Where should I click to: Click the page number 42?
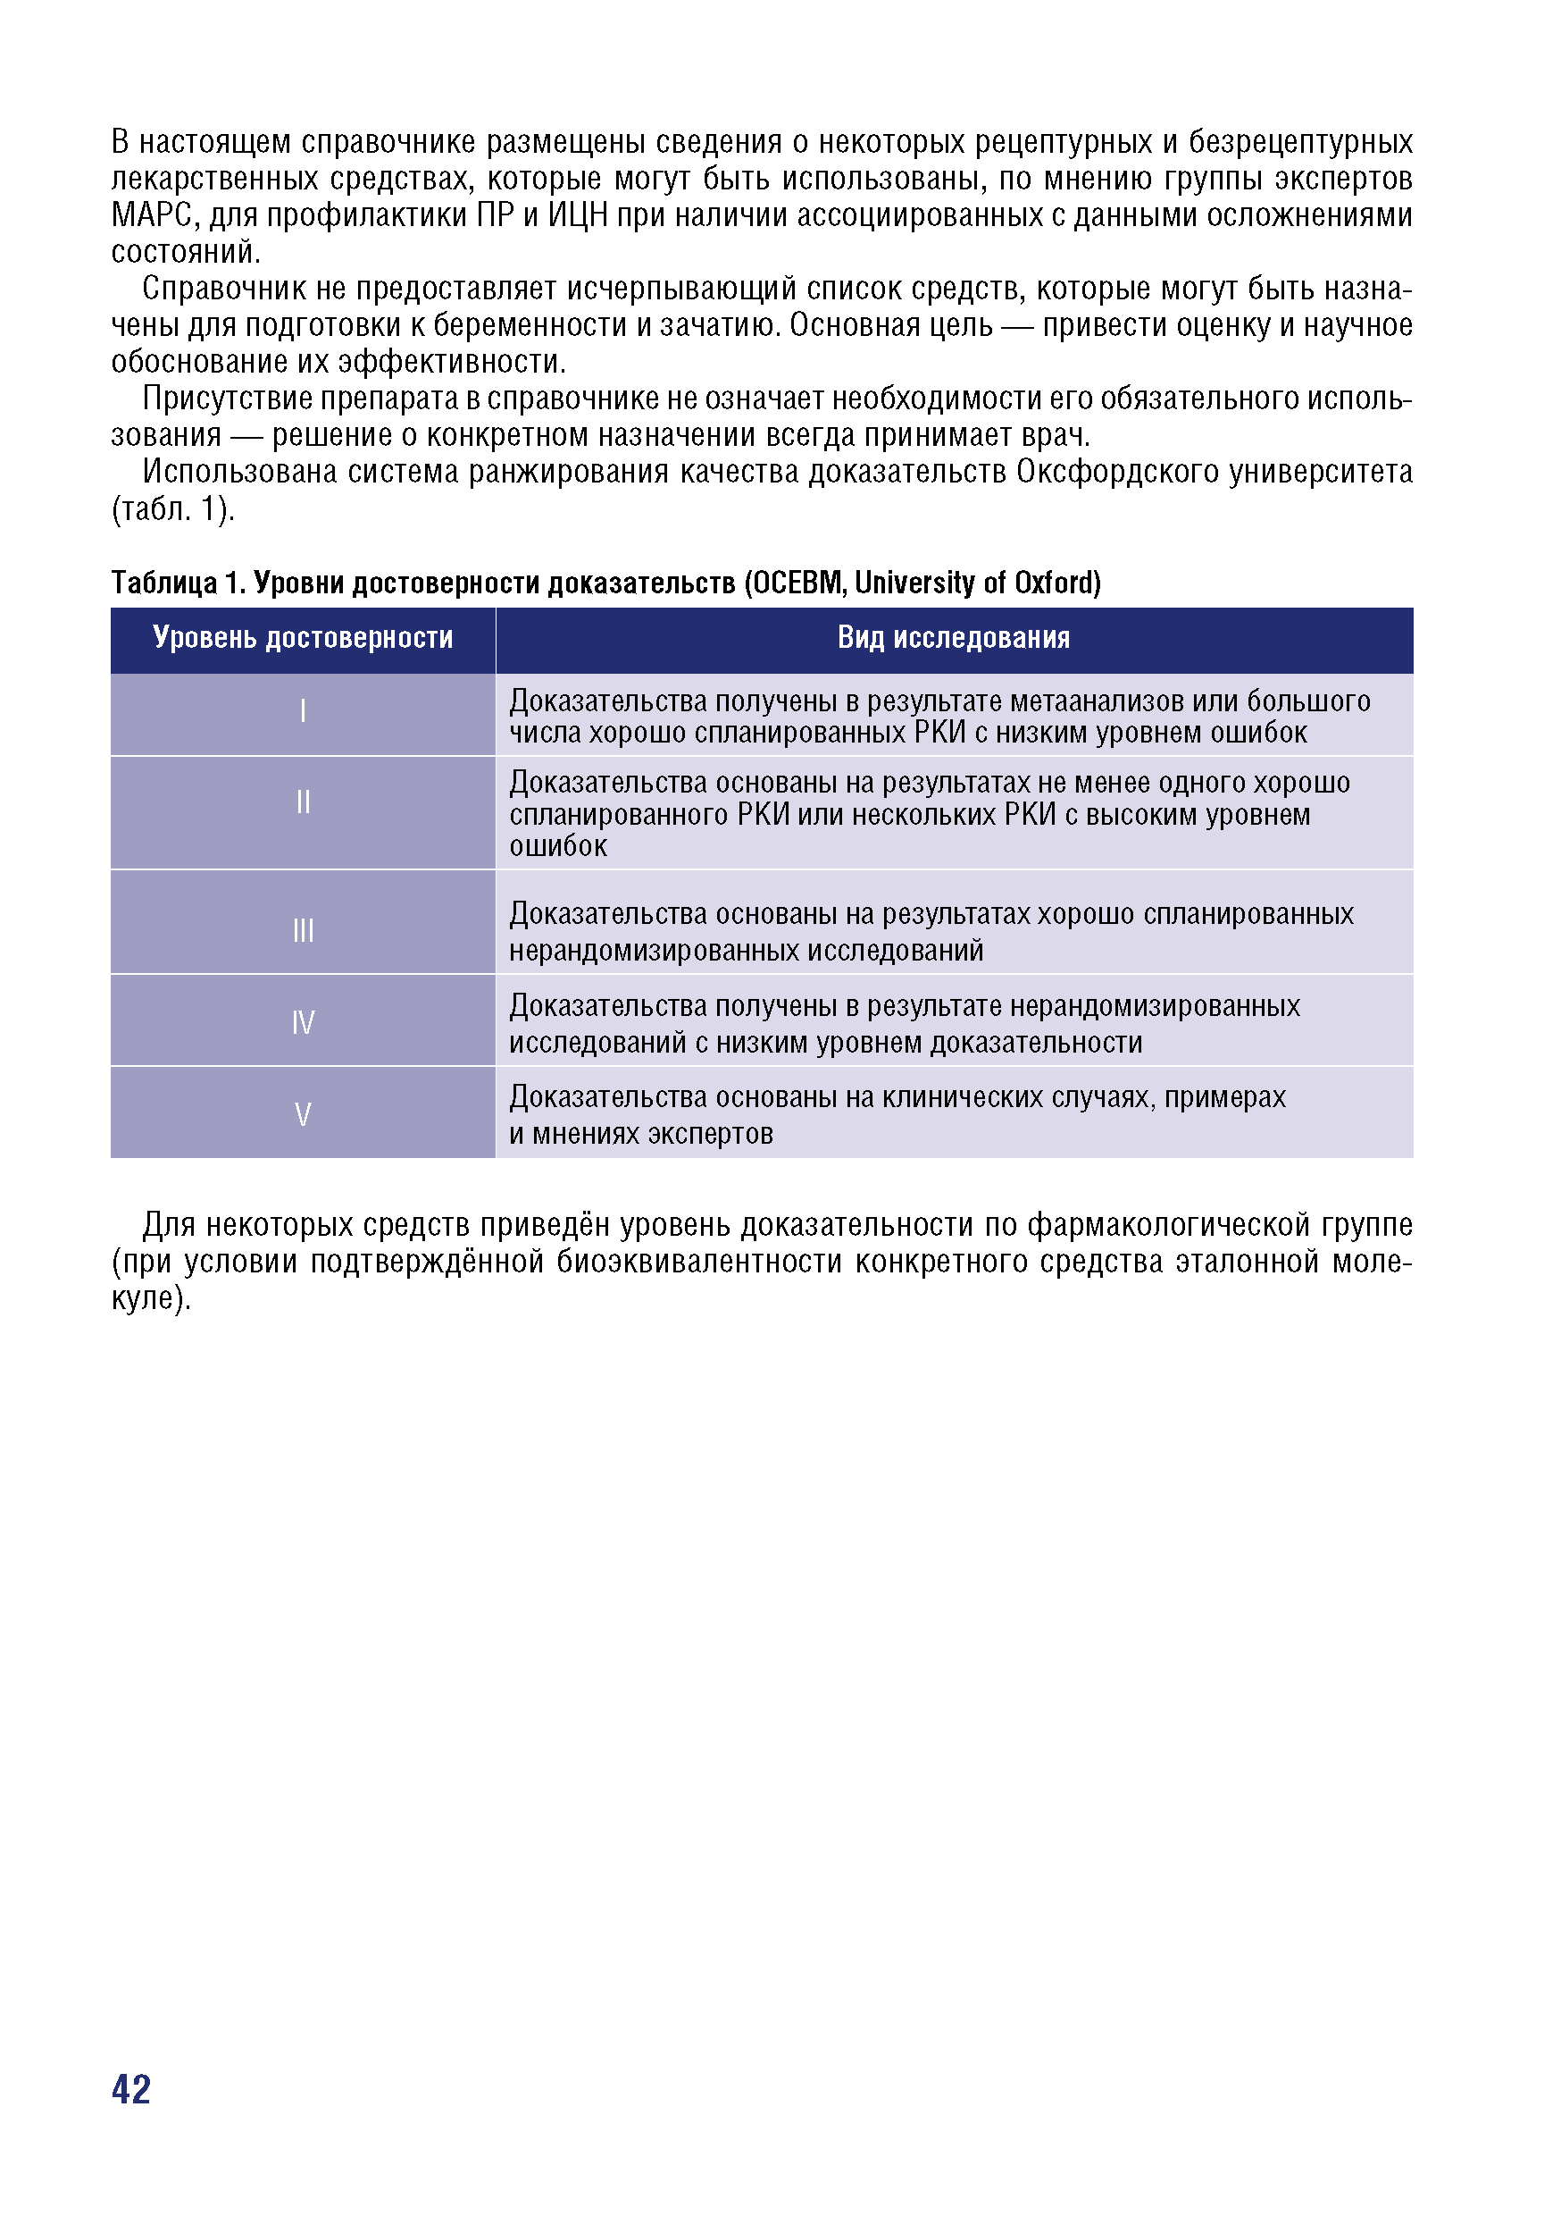131,2090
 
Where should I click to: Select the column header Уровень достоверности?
303,638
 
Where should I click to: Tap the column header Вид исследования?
953,638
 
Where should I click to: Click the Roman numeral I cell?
303,711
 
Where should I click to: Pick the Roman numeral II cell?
303,802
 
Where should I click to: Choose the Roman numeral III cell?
303,930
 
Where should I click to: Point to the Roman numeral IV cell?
303,1022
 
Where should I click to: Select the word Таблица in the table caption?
164,583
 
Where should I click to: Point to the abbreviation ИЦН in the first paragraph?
578,215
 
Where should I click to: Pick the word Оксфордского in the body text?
1116,472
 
